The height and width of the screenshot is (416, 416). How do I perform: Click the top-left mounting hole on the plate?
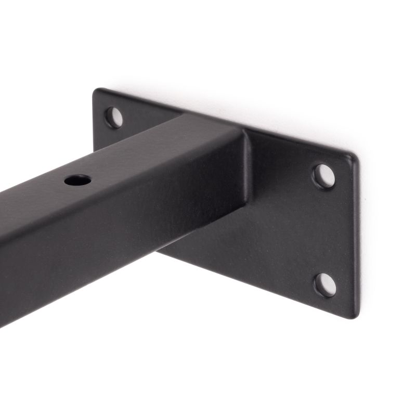[114, 117]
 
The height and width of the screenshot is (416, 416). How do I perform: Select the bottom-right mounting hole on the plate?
[325, 284]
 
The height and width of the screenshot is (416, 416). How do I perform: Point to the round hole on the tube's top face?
[77, 180]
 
